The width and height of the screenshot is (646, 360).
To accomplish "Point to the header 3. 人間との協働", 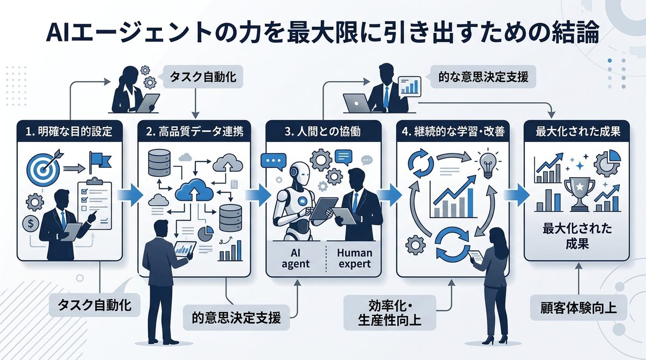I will pos(324,131).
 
